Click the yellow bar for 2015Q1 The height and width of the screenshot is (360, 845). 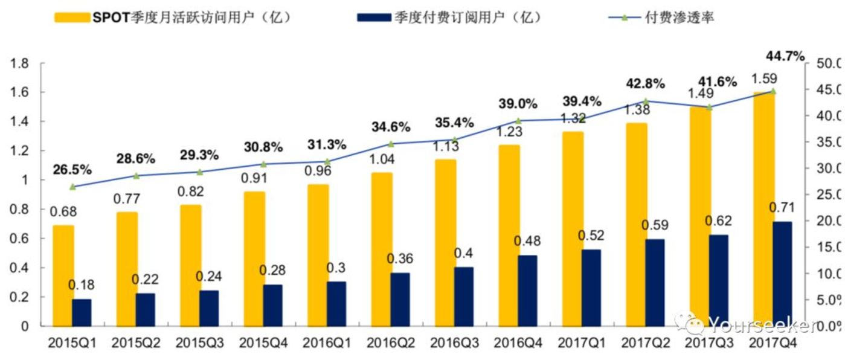[x=63, y=275]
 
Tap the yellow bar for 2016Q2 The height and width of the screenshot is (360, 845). [x=382, y=249]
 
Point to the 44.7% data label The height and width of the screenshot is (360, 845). [x=785, y=57]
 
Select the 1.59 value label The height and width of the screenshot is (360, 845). [x=764, y=78]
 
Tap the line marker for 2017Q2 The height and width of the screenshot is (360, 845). [x=646, y=101]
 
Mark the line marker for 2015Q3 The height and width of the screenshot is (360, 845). [x=201, y=172]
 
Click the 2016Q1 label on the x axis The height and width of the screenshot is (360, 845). [x=327, y=343]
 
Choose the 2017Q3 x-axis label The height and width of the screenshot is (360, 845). [x=709, y=343]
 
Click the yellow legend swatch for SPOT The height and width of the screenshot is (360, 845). [x=71, y=18]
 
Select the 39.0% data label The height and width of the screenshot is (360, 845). [x=518, y=104]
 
